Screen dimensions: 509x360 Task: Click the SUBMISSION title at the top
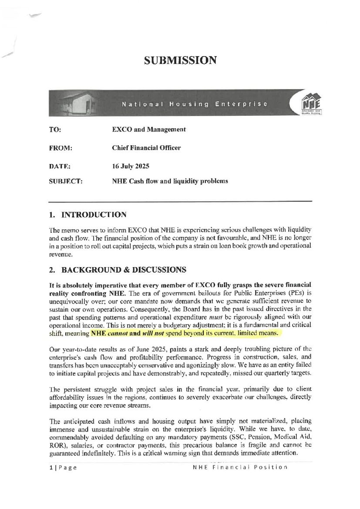coord(180,60)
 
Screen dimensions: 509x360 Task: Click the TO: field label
coord(55,130)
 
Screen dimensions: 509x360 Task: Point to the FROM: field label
coord(60,148)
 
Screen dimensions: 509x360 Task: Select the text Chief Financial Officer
coord(146,148)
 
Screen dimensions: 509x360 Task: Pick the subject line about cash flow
coord(170,181)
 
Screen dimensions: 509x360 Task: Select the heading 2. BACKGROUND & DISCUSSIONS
coord(118,270)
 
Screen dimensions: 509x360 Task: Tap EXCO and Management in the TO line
coord(149,130)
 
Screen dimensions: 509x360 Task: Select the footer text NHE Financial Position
coord(240,468)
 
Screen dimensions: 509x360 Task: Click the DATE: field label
coord(60,166)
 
